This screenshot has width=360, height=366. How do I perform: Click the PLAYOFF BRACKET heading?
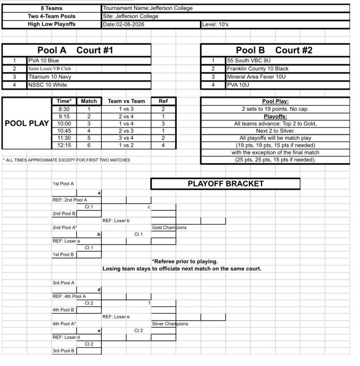pyautogui.click(x=225, y=183)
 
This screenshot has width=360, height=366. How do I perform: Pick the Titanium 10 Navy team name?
pyautogui.click(x=49, y=77)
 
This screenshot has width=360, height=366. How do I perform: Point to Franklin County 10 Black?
pyautogui.click(x=258, y=69)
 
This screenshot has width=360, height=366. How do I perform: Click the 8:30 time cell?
pyautogui.click(x=64, y=108)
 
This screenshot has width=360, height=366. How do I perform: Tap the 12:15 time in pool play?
pyautogui.click(x=64, y=145)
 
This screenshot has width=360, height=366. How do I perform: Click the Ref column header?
pyautogui.click(x=163, y=101)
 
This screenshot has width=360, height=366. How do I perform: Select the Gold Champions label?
pyautogui.click(x=169, y=227)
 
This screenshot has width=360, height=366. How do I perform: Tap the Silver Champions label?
pyautogui.click(x=170, y=324)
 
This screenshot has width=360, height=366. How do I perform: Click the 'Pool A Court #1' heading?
pyautogui.click(x=75, y=50)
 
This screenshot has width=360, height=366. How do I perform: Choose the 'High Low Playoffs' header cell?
pyautogui.click(x=52, y=24)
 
